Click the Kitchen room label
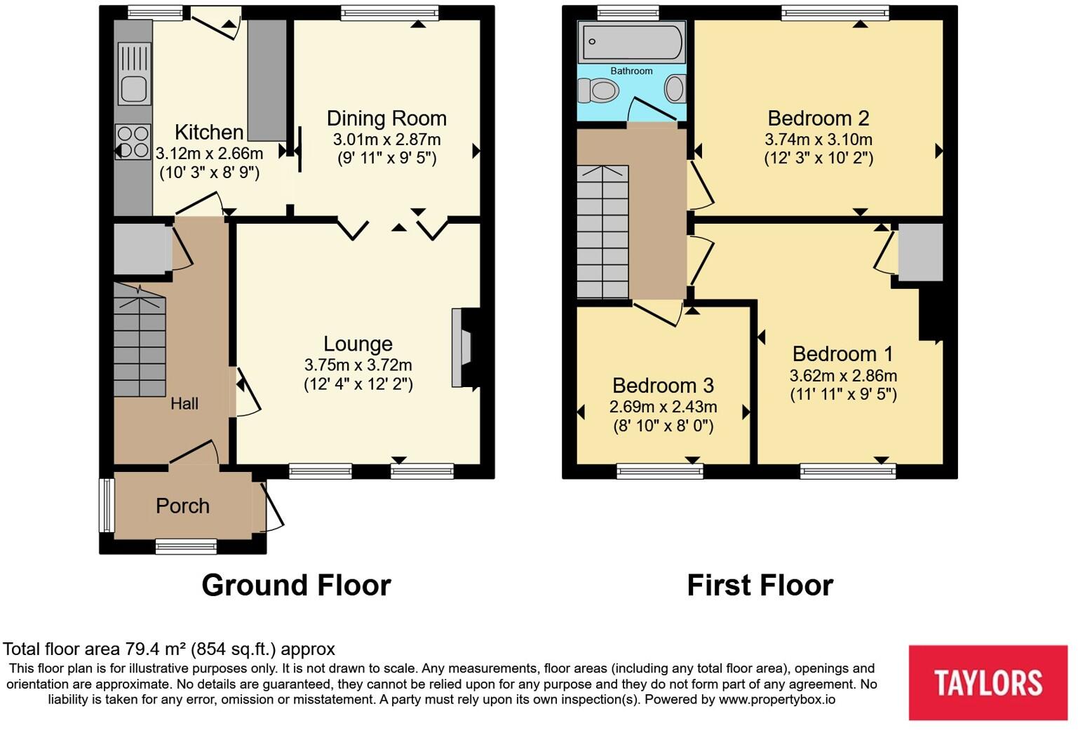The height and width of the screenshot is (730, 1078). pos(208,132)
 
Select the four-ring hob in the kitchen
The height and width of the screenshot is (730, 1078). pos(133,142)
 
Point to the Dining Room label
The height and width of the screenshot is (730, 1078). pos(386,119)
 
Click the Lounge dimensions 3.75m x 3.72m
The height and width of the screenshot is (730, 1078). pos(358,365)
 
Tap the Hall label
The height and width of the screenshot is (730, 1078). pos(184,403)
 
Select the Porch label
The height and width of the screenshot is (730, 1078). pos(182,506)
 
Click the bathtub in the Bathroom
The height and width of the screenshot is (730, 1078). pos(631,43)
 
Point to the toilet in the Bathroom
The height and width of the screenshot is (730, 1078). pos(598,90)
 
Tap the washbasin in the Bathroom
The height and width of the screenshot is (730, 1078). pos(675,89)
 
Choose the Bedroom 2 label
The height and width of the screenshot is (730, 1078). pos(818,118)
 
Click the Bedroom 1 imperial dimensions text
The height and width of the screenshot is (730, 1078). pos(843,394)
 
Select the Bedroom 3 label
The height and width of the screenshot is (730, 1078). pos(663,386)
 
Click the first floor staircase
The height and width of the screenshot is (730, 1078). pos(602,231)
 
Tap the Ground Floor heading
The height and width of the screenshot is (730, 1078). pos(296,585)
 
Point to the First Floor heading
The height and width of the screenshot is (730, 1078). pos(760,585)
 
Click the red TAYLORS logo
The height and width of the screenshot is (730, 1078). pos(988,682)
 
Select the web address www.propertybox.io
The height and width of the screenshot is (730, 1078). pos(776,699)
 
